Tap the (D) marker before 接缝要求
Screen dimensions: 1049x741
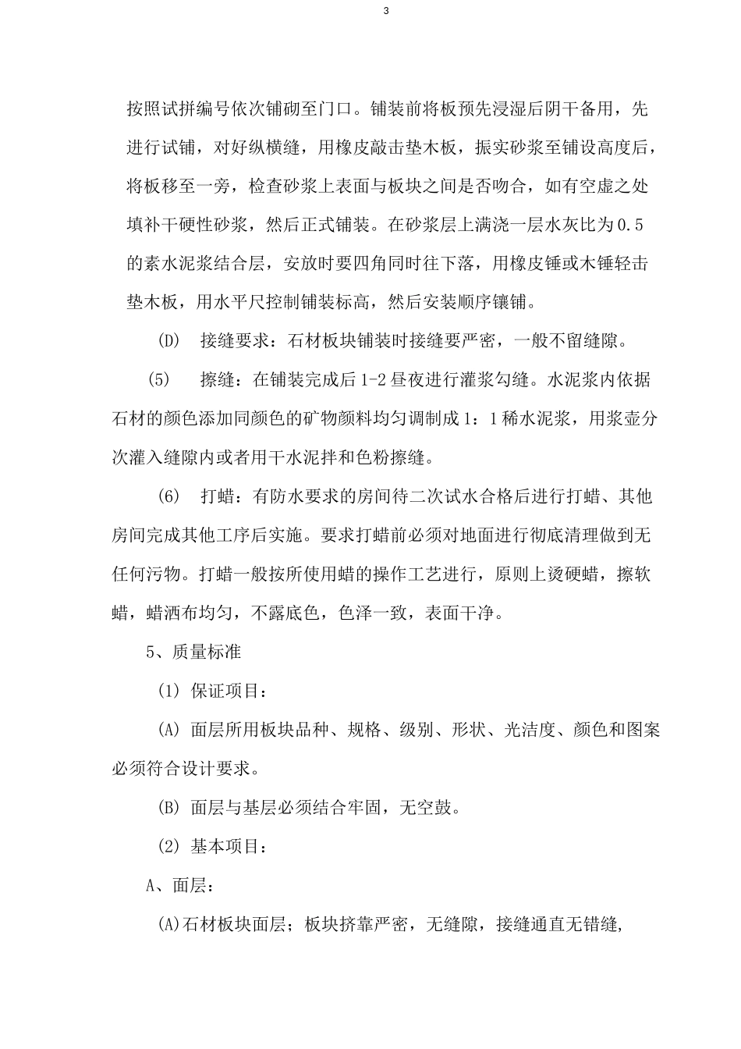coord(168,341)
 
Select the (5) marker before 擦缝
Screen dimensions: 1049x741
coord(158,380)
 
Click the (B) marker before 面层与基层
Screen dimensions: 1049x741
coord(168,808)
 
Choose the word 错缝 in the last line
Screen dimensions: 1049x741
coord(600,925)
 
